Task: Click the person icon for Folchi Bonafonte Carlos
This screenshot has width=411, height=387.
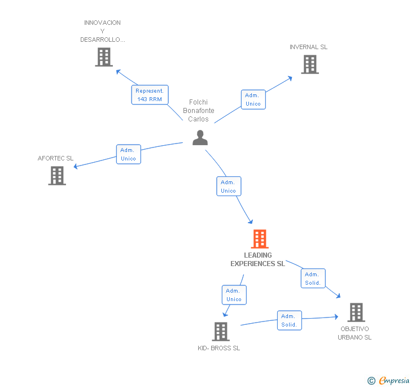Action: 200,137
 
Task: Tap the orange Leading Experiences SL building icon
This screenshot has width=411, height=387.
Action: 259,239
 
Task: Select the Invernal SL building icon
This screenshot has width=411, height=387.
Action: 309,64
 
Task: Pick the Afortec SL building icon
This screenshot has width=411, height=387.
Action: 57,176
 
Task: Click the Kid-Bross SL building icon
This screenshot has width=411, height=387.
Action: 221,332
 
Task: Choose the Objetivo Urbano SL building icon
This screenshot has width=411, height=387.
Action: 356,312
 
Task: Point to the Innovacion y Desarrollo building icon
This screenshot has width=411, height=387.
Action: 104,57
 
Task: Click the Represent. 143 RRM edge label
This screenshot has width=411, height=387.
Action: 150,95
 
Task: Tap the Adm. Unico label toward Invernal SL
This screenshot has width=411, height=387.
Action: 253,99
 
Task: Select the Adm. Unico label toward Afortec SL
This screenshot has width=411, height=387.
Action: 128,154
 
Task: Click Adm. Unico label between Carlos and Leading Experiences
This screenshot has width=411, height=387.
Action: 229,186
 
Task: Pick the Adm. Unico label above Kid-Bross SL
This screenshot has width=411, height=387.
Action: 234,295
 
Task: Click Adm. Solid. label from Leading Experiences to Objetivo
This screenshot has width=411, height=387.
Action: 313,279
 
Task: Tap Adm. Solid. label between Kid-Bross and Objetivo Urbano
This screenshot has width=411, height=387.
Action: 289,320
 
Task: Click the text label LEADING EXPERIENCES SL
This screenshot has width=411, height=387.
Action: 257,259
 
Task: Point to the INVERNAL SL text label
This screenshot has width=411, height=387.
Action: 308,47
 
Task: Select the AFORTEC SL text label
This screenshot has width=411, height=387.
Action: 55,158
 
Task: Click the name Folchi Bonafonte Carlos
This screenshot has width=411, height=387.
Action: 199,111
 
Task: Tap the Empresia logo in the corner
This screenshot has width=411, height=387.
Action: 388,381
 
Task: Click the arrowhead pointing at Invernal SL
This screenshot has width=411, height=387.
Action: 290,77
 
